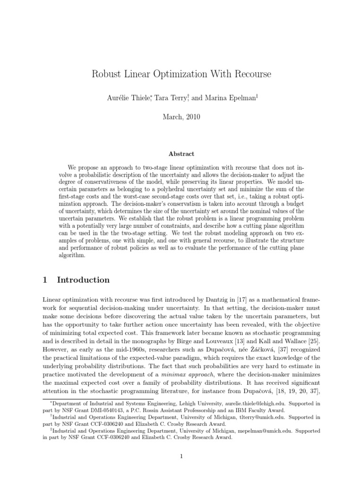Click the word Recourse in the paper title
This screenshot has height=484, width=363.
(x=250, y=74)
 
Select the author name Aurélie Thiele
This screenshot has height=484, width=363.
(x=133, y=98)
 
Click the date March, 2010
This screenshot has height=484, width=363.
(x=181, y=117)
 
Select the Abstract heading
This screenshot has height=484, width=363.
(x=181, y=154)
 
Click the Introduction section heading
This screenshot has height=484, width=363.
(x=83, y=280)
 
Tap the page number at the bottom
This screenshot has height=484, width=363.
(x=181, y=456)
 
